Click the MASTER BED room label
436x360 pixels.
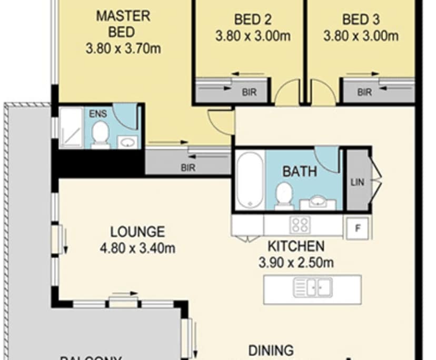123,24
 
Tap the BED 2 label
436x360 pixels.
253,20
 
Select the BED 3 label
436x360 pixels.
361,20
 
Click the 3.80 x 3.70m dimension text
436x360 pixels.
123,49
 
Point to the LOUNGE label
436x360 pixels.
137,232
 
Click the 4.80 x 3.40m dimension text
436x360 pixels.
137,248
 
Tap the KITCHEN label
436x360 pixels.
295,246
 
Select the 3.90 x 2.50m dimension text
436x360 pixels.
295,262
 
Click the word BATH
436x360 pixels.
300,171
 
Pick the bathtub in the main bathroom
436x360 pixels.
250,179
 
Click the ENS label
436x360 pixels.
97,114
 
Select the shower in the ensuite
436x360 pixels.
71,128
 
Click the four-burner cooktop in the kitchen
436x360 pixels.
300,225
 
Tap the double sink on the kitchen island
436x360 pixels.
313,288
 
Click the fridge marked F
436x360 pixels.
358,228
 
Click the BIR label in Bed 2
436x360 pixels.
249,92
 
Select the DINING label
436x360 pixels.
271,350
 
